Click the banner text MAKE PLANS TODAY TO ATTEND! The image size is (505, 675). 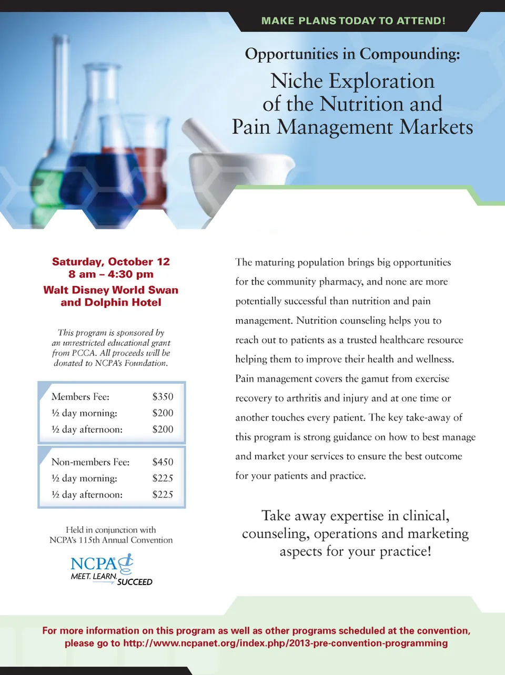(x=353, y=21)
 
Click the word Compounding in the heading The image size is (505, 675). (x=410, y=54)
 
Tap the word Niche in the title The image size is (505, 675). (x=296, y=81)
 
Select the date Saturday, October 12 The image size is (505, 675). (x=111, y=262)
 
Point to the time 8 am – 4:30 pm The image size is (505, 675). (x=111, y=274)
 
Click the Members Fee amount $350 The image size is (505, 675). (x=163, y=397)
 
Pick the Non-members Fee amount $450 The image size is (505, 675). (x=163, y=462)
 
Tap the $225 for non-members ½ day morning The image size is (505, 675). (x=163, y=478)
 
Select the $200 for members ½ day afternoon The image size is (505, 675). (x=163, y=429)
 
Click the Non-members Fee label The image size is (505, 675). (x=90, y=462)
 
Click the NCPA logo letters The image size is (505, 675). (x=94, y=564)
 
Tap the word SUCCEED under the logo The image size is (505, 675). (x=135, y=582)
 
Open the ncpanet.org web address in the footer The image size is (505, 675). (x=286, y=643)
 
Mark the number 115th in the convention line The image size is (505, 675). (x=89, y=540)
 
